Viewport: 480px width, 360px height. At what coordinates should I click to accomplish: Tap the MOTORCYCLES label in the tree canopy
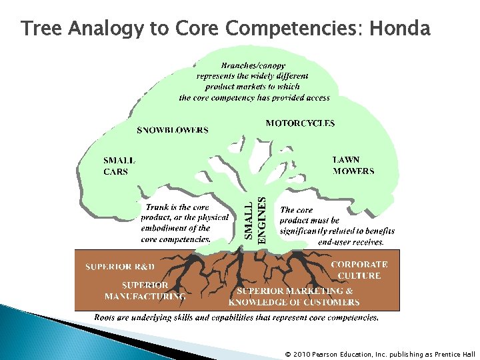(300, 123)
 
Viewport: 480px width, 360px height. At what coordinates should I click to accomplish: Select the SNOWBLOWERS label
(172, 130)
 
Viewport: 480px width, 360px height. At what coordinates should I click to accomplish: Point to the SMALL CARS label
(119, 166)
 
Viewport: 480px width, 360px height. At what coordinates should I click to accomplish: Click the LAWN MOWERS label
(353, 165)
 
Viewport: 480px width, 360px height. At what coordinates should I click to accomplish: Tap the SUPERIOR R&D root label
(119, 267)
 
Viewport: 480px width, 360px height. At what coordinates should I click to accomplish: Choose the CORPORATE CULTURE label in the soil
(359, 270)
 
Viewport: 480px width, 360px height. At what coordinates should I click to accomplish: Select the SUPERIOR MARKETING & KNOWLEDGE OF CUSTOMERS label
(294, 297)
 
